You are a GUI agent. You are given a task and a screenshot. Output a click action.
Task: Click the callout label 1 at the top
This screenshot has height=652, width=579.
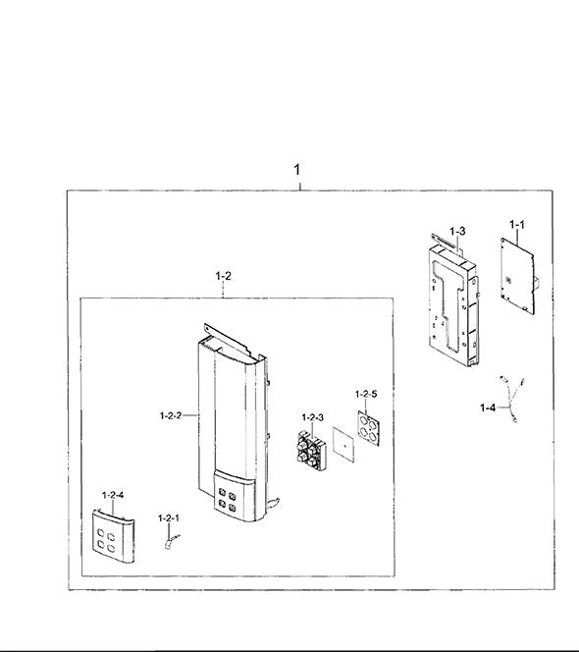click(x=296, y=170)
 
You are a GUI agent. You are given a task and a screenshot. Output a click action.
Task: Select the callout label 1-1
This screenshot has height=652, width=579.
click(x=517, y=225)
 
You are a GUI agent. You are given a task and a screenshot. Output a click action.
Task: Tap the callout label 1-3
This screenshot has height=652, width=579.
click(x=457, y=231)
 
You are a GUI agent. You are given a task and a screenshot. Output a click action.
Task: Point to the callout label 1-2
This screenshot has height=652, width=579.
click(x=223, y=276)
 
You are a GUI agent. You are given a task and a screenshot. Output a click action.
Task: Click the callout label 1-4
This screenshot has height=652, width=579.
click(x=488, y=407)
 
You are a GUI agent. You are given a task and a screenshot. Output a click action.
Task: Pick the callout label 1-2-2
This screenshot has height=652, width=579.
click(x=171, y=415)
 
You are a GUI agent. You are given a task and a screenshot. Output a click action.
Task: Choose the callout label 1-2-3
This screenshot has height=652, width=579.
click(x=313, y=417)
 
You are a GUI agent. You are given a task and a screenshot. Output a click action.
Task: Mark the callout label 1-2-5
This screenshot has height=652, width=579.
click(x=366, y=394)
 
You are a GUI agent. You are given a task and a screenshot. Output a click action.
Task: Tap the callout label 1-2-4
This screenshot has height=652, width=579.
click(x=113, y=495)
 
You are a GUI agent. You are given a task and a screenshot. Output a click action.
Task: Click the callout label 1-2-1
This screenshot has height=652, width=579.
click(x=169, y=518)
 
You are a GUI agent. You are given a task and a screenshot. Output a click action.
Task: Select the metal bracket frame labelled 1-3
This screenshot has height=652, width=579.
click(x=454, y=301)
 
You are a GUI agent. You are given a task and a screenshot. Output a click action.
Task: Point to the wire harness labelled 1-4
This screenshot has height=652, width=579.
click(x=511, y=400)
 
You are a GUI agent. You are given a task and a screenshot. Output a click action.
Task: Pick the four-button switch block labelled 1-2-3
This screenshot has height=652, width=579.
click(x=312, y=451)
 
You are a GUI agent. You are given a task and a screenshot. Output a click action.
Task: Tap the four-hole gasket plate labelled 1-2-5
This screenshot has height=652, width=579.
click(x=369, y=428)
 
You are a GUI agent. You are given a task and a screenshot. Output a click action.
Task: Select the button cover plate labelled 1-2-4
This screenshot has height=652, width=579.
click(x=114, y=536)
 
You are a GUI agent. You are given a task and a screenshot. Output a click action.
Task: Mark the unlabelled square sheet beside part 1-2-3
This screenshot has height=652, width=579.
click(x=343, y=445)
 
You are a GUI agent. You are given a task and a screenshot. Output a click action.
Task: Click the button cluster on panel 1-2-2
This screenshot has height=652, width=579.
click(x=227, y=500)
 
